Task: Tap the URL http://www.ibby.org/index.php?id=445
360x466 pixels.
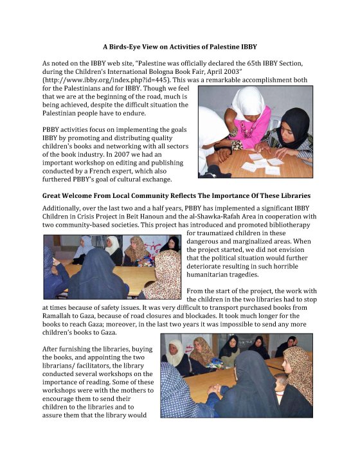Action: coord(107,80)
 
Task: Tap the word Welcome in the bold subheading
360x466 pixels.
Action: coord(74,195)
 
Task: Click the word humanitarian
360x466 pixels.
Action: coord(206,274)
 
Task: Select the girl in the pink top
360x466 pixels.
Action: coord(248,119)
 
